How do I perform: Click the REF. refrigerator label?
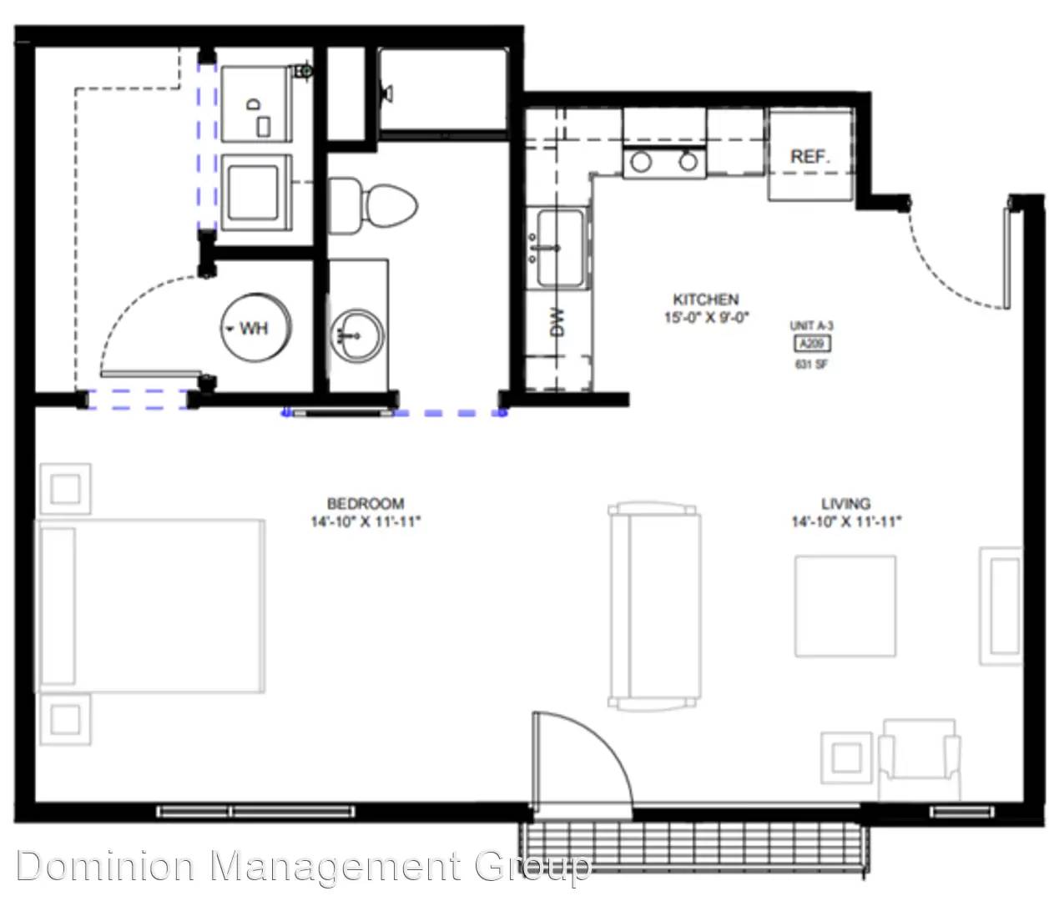click(810, 156)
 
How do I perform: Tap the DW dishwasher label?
click(557, 323)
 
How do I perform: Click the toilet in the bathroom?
click(374, 206)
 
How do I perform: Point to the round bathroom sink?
click(357, 335)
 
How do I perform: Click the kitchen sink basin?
click(560, 249)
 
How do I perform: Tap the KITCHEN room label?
click(705, 299)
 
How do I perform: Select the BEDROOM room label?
click(366, 503)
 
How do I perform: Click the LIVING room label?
click(846, 503)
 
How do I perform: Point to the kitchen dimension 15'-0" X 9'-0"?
click(707, 317)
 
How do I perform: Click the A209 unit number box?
click(812, 344)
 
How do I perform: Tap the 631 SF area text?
click(811, 365)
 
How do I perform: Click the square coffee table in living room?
click(845, 607)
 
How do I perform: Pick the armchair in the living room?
click(919, 761)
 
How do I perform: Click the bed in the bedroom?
click(149, 606)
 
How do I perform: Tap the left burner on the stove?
click(641, 163)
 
